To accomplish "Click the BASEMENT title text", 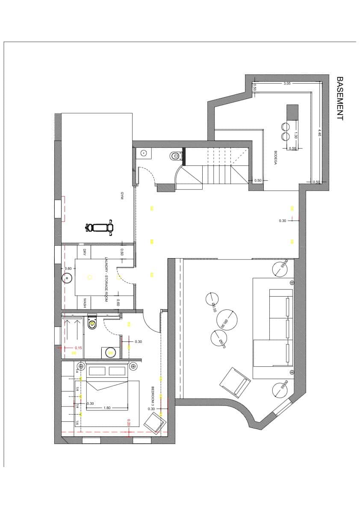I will coord(340,98).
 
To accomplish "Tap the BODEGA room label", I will coord(276,158).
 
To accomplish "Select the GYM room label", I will coord(122,196).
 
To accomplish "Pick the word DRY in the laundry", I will coord(85,252).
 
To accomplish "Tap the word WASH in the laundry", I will coord(85,303).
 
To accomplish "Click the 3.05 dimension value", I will coord(286,84).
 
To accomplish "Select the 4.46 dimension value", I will coord(319,132).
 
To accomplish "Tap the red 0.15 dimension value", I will coord(78,348).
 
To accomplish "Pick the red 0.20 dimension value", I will coord(128,422).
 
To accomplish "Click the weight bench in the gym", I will coord(100,227).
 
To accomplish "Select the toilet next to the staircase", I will coord(174,156).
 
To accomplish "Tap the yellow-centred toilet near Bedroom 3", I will coord(92,324).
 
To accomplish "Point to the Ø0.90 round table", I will coord(227,320).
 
